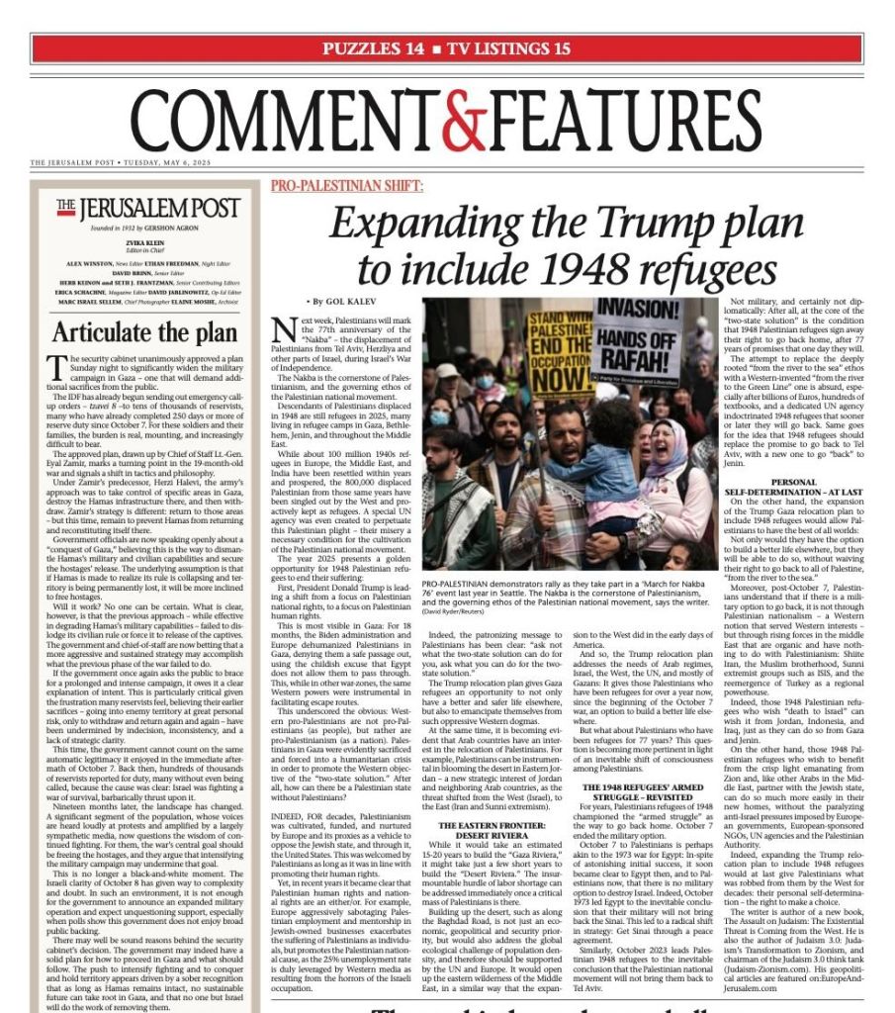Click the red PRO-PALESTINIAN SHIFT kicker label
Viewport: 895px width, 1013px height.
point(326,186)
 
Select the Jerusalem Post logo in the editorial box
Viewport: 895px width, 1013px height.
point(146,208)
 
